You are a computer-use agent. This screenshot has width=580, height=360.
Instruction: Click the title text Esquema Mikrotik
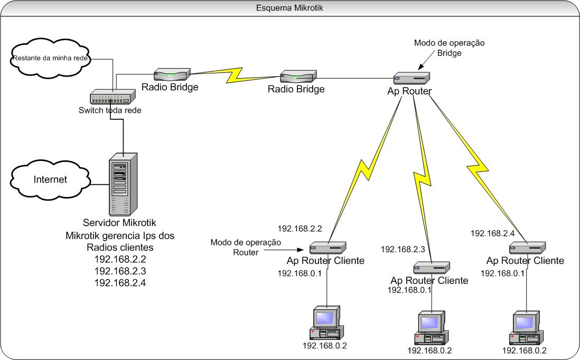tap(289, 8)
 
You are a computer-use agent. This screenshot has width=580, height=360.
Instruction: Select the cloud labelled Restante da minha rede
tap(50, 58)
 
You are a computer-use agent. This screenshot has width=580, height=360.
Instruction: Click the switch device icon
tap(113, 98)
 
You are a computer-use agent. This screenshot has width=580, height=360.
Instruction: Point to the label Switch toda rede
tap(110, 110)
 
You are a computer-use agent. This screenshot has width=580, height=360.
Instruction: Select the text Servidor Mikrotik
tap(119, 223)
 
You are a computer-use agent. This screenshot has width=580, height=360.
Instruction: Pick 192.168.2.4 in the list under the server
tap(119, 283)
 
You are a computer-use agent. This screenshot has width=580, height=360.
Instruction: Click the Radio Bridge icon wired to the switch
tap(172, 74)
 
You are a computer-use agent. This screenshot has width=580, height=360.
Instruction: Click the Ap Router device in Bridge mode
tap(413, 78)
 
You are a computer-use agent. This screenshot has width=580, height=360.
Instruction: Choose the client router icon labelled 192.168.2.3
tap(432, 267)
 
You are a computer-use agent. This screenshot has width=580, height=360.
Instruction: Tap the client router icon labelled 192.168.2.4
tap(527, 247)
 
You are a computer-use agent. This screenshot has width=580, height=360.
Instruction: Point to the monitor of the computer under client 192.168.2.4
tap(526, 320)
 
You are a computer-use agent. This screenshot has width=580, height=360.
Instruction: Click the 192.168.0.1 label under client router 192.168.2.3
tap(410, 290)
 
